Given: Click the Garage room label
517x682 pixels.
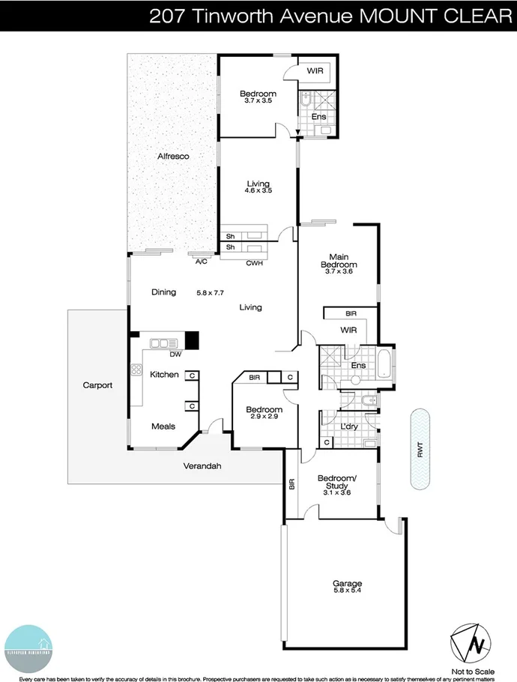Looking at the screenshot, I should pos(347,583).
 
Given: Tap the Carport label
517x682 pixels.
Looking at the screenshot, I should pos(97,385).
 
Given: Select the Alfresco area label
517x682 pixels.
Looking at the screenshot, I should pos(172,157).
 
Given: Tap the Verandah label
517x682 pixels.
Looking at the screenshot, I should pos(202,466).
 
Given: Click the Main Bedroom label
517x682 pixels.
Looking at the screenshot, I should pos(339,260).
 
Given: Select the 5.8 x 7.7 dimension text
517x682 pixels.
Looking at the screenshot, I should pos(211,292).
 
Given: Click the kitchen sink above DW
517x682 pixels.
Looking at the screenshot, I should pos(163,343).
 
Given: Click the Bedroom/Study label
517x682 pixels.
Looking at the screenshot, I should pos(337,483).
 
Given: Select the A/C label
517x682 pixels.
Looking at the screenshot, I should pos(201,262).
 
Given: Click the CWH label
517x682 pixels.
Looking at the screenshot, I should pos(254,263).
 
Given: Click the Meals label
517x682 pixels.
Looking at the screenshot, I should pos(163,426).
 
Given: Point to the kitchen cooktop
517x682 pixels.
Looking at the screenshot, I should pos(137,369).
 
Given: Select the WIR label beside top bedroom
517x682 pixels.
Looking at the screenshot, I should pos(315,71).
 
